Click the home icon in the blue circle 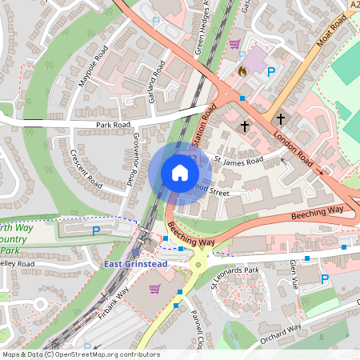(x=179, y=173)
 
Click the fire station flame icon (x=242, y=71)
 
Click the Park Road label (x=113, y=126)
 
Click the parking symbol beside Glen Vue (x=325, y=279)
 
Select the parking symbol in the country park (x=96, y=231)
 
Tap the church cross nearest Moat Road (x=281, y=118)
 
